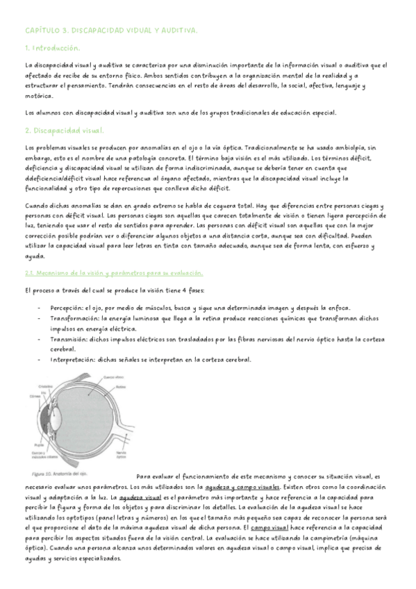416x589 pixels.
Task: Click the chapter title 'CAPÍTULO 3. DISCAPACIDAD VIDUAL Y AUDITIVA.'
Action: tap(110, 31)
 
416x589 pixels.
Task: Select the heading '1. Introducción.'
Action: tap(52, 48)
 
